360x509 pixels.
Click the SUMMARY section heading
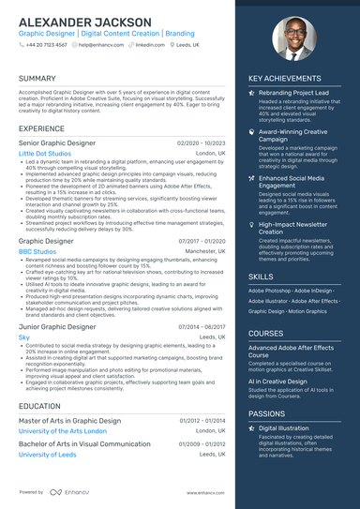[37, 79]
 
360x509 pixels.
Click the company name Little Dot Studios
[44, 153]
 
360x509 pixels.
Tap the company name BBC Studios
[37, 252]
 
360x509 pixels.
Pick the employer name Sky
[24, 337]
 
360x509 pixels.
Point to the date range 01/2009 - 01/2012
[202, 420]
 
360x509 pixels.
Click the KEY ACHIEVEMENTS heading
[285, 79]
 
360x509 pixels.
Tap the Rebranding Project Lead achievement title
[292, 94]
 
